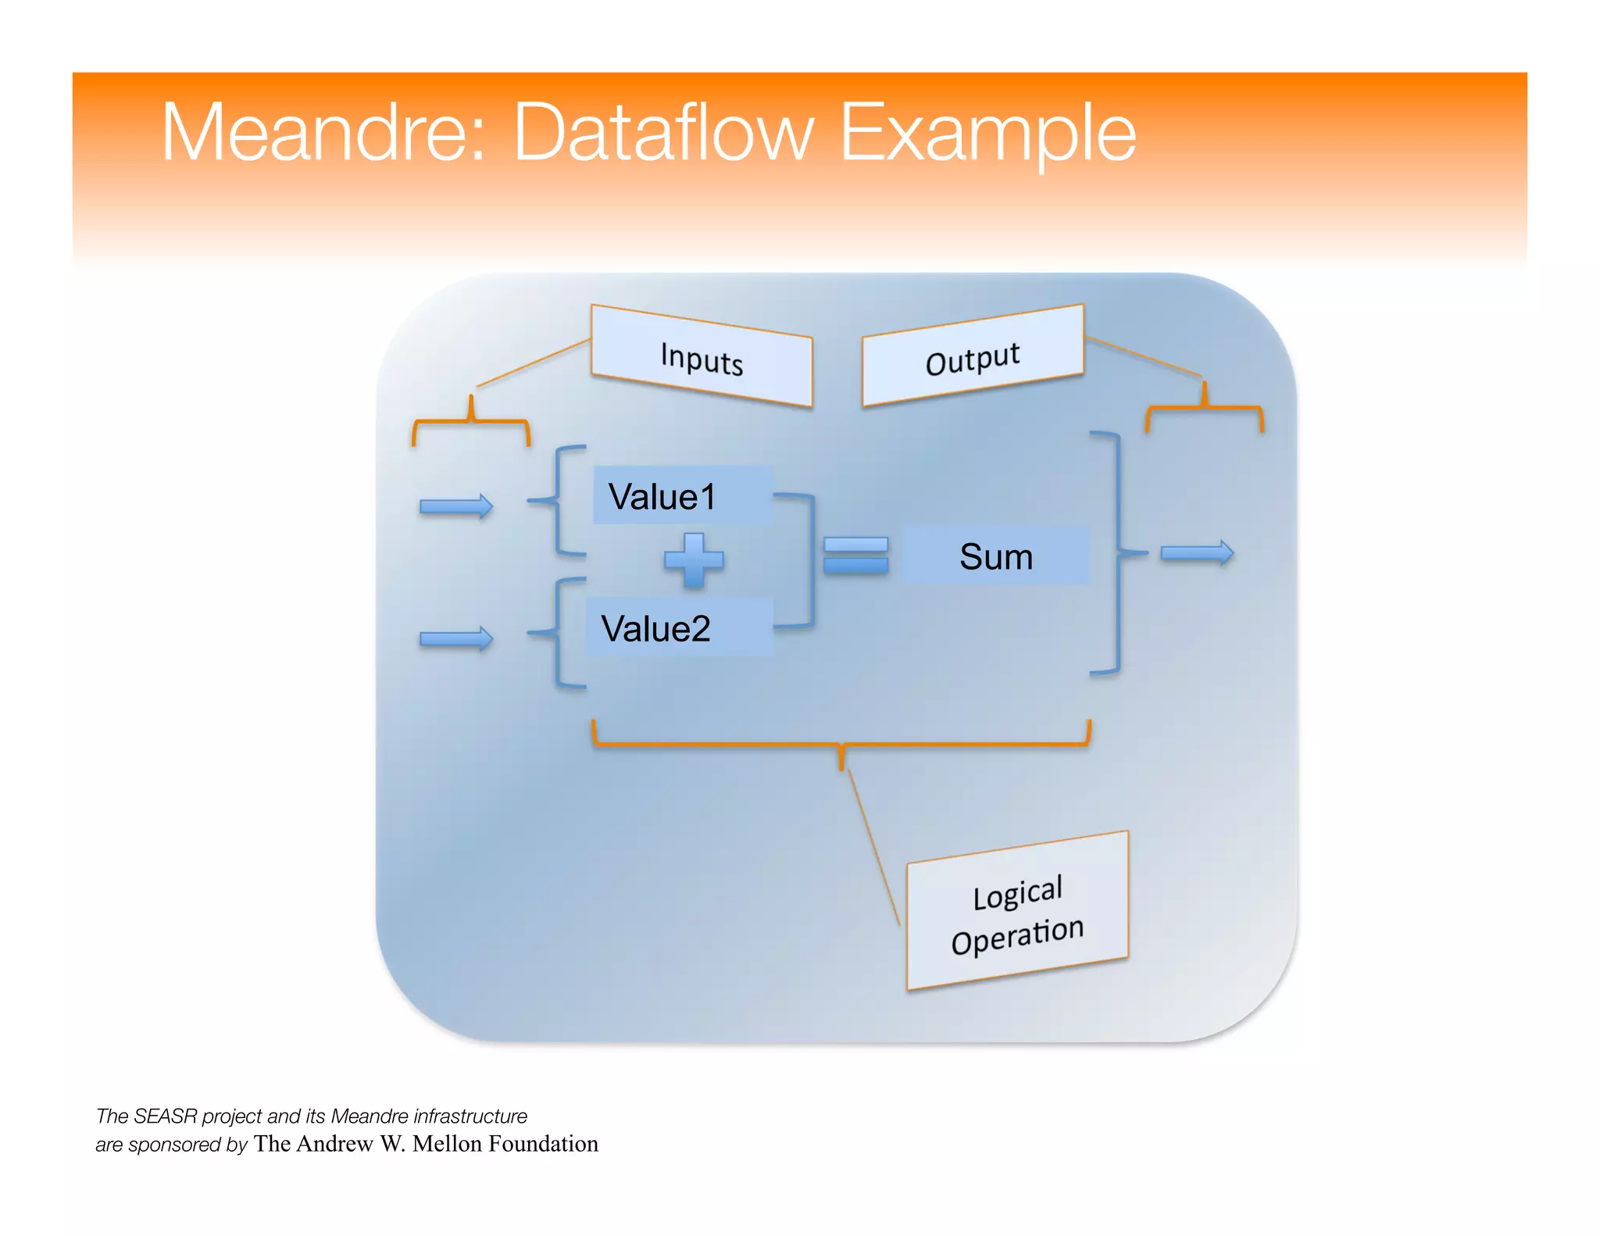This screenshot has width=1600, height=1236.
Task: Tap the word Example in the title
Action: (x=987, y=134)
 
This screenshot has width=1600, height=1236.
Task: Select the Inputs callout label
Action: (x=702, y=358)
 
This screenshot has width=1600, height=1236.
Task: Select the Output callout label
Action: (x=973, y=358)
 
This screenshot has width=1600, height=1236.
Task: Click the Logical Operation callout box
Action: (x=1017, y=913)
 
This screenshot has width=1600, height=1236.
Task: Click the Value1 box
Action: (x=681, y=496)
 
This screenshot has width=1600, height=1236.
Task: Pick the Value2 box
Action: (x=678, y=628)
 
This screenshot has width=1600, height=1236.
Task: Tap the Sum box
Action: (x=996, y=556)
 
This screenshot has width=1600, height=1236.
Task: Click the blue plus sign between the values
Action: (x=694, y=559)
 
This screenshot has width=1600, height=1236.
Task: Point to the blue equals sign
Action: (x=856, y=555)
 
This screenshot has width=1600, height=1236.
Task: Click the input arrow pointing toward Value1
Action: (x=456, y=506)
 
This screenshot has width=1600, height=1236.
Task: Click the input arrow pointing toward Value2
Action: (x=456, y=639)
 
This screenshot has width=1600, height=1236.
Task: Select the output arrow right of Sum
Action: (x=1197, y=553)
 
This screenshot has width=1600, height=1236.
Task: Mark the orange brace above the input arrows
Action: (x=471, y=422)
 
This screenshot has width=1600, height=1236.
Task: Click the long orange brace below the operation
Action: (x=841, y=744)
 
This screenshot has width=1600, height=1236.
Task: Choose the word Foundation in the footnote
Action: (x=543, y=1144)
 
